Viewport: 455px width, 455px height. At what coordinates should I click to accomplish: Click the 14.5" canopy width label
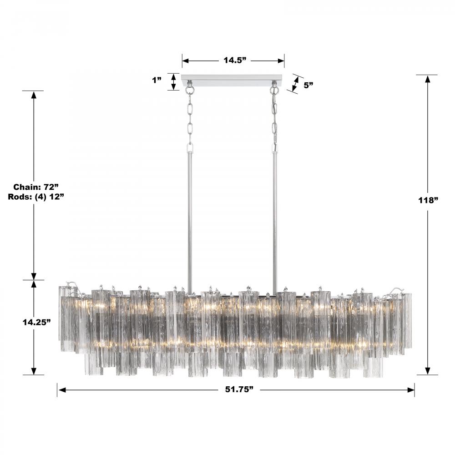pyautogui.click(x=235, y=61)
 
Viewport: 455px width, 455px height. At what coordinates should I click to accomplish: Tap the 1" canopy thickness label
pyautogui.click(x=157, y=80)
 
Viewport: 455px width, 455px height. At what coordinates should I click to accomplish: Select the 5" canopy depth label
pyautogui.click(x=308, y=85)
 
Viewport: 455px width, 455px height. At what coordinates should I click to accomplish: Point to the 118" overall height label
pyautogui.click(x=428, y=200)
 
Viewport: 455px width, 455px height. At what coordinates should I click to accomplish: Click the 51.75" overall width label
pyautogui.click(x=239, y=389)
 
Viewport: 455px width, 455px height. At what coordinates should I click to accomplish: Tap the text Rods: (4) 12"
pyautogui.click(x=36, y=197)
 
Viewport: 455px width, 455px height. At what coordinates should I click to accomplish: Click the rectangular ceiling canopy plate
pyautogui.click(x=233, y=81)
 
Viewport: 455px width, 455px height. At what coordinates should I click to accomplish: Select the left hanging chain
pyautogui.click(x=190, y=119)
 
